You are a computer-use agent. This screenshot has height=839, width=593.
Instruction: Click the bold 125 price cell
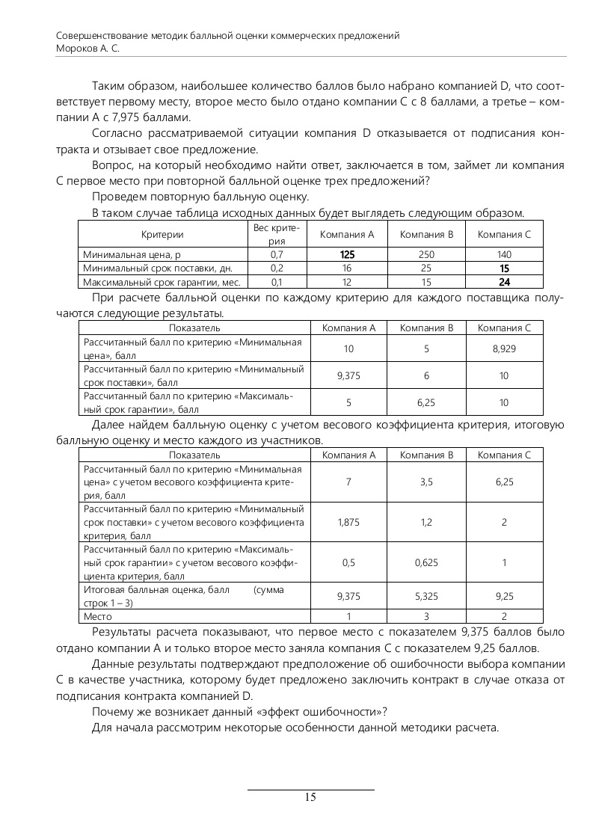coord(347,255)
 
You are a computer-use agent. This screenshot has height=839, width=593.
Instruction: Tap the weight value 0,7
coord(277,255)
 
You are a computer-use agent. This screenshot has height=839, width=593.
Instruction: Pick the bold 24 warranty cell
coord(504,282)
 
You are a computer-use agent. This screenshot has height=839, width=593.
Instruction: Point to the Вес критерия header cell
coord(277,234)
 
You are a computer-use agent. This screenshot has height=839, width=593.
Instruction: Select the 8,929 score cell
coord(504,349)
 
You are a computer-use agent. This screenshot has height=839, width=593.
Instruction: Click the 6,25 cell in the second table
coord(425,402)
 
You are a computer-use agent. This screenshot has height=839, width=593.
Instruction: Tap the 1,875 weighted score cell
coord(348,522)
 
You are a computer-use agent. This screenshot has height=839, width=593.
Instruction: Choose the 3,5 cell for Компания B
coord(426,482)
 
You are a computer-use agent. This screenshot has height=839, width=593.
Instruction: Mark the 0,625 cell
coord(426,562)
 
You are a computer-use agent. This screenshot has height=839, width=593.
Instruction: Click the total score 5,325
coord(426,597)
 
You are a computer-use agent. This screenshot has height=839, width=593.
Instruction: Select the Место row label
coord(97,617)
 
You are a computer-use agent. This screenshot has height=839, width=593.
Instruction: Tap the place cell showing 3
coord(426,617)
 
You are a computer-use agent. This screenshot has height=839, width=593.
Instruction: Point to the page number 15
coord(310,797)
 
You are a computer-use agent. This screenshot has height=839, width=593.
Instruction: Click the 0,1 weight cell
coord(277,282)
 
